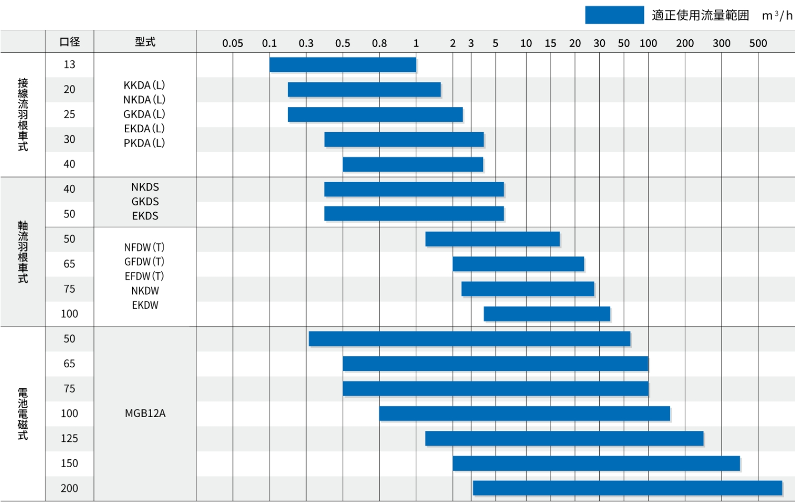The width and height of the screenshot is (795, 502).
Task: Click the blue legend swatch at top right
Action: pyautogui.click(x=614, y=15)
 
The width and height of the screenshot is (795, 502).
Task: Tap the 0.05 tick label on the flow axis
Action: pyautogui.click(x=233, y=43)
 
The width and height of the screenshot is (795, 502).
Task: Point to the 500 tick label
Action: pyautogui.click(x=758, y=43)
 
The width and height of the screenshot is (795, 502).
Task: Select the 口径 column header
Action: pyautogui.click(x=70, y=42)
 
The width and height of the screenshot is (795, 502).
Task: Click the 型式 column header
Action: pyautogui.click(x=145, y=42)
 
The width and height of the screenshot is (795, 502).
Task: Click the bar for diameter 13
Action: pyautogui.click(x=342, y=65)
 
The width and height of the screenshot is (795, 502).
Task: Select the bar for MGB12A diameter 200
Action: pyautogui.click(x=627, y=488)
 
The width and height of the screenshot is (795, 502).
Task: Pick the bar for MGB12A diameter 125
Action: pyautogui.click(x=564, y=438)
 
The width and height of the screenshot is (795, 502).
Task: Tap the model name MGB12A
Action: pyautogui.click(x=145, y=414)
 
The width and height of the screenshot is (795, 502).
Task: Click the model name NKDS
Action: pyautogui.click(x=145, y=187)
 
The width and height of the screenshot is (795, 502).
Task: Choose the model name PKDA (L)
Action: pyautogui.click(x=144, y=143)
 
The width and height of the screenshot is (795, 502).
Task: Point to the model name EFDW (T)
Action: pyautogui.click(x=144, y=276)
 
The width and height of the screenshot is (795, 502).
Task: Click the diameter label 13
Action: pyautogui.click(x=70, y=65)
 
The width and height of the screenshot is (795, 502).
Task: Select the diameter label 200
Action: pyautogui.click(x=70, y=488)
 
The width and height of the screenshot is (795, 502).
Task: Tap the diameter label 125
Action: pyautogui.click(x=70, y=438)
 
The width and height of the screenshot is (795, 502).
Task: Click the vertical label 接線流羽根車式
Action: pyautogui.click(x=23, y=114)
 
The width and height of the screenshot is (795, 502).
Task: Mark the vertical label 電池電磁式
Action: pyautogui.click(x=23, y=414)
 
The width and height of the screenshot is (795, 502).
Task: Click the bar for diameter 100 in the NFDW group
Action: pyautogui.click(x=547, y=314)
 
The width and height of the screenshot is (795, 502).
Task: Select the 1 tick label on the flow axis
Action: pyautogui.click(x=416, y=43)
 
